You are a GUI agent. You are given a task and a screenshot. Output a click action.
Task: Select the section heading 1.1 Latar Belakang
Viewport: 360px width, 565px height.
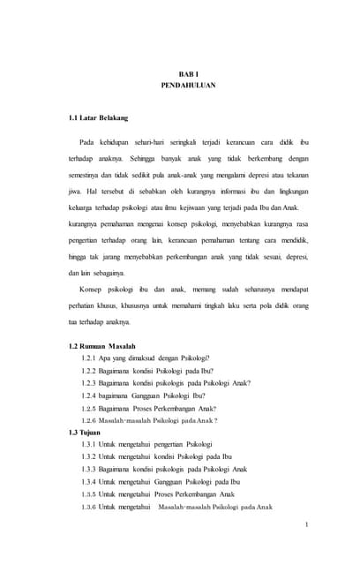coord(98,117)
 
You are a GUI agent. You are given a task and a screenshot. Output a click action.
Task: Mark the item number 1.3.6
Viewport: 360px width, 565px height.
coord(88,507)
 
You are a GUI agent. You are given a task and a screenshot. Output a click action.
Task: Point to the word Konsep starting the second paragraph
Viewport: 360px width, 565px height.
coord(92,290)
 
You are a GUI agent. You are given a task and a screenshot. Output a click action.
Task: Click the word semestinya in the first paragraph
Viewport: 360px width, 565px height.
coord(86,175)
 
